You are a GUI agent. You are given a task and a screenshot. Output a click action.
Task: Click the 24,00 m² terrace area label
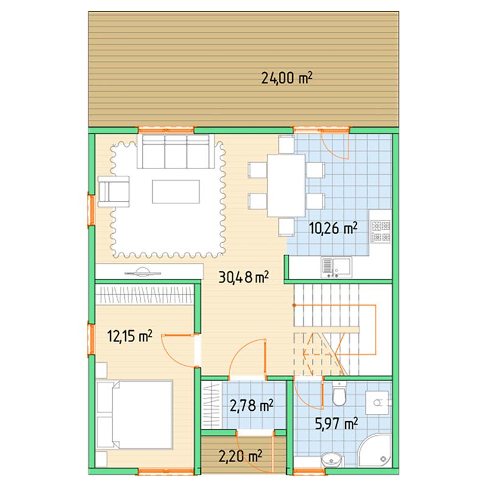286,78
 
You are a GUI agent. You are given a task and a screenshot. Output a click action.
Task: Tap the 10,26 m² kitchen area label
333,229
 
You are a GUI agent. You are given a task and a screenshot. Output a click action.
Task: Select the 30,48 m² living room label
243,277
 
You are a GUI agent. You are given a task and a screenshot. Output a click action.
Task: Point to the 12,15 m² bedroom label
130,336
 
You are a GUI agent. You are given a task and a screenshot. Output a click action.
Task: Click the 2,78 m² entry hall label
251,405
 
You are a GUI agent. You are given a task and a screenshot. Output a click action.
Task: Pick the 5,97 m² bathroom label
337,423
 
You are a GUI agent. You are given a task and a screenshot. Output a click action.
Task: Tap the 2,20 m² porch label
240,456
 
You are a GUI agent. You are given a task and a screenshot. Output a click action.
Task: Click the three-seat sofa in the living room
176,151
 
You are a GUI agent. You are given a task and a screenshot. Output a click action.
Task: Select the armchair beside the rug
113,192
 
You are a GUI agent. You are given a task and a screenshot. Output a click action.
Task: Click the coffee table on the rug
176,192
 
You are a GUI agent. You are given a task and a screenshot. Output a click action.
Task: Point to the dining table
286,186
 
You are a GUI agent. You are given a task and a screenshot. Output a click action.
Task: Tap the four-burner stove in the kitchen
381,231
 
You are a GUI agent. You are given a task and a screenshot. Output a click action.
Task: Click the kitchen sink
337,267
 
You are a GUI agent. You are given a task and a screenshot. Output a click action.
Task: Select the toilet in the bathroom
339,394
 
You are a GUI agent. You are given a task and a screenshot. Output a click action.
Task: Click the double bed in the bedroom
135,415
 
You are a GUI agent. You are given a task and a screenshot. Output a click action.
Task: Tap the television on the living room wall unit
143,272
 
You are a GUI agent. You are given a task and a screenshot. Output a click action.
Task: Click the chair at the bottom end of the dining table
286,227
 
